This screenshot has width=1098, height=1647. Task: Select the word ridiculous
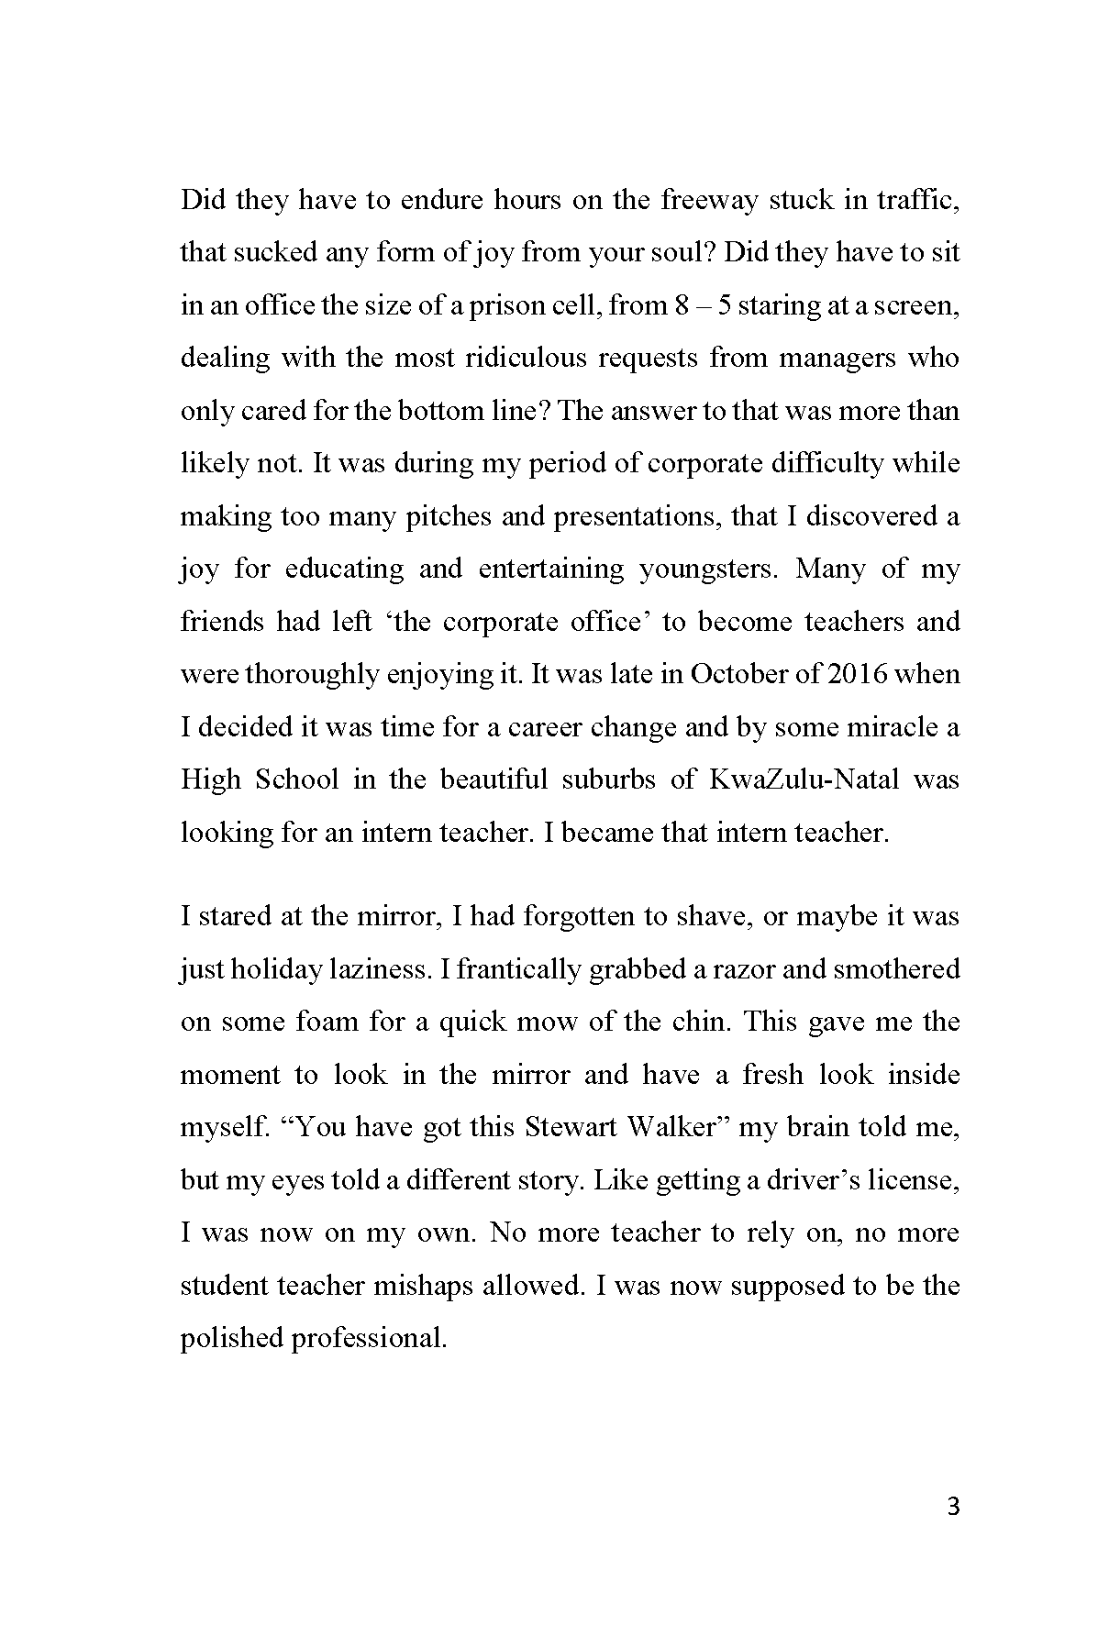coord(525,358)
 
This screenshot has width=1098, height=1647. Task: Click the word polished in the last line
coord(231,1339)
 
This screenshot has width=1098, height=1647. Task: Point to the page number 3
coord(952,1507)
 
